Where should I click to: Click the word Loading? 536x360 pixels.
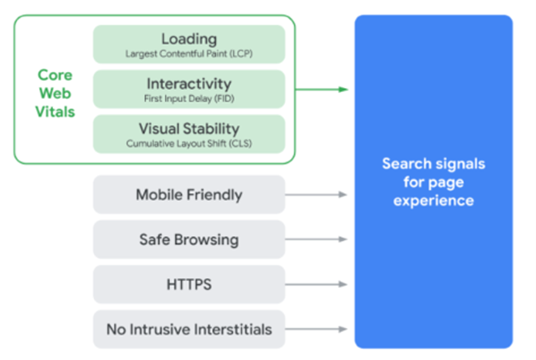[189, 40]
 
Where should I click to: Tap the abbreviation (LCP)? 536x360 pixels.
[241, 54]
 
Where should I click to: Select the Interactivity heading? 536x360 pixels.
[189, 83]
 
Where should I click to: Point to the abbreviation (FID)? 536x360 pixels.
[224, 99]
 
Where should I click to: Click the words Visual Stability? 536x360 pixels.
[189, 129]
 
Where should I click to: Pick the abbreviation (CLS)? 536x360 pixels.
[241, 143]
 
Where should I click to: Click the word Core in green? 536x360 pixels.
[55, 75]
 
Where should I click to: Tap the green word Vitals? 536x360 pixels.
[55, 112]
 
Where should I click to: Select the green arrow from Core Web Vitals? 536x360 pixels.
[322, 89]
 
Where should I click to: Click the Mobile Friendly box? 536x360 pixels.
[189, 194]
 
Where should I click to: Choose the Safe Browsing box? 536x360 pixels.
[189, 239]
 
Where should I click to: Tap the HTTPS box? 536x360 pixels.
[189, 284]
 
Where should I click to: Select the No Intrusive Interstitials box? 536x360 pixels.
[189, 329]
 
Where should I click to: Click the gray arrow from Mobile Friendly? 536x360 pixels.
[316, 194]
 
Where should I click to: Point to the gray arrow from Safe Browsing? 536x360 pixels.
[316, 239]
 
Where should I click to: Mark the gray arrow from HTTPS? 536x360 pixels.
[316, 284]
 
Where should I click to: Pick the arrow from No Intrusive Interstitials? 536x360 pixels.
[316, 329]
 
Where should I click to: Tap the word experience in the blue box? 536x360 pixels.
[433, 201]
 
